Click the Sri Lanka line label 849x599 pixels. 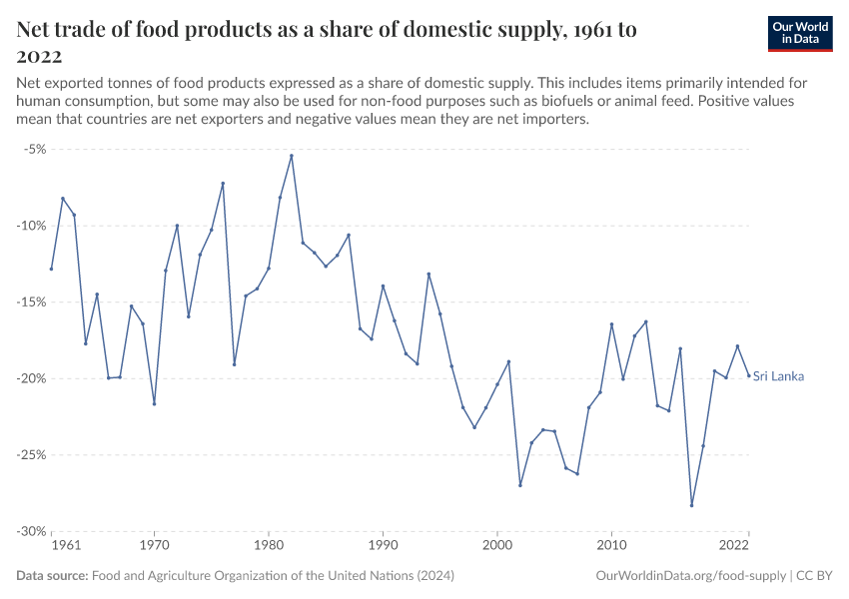pos(778,376)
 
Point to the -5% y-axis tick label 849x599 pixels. pos(34,149)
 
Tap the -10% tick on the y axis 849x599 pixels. pos(31,226)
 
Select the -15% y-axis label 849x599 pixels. pos(31,301)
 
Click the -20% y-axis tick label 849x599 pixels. pos(31,378)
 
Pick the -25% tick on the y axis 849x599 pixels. pos(31,454)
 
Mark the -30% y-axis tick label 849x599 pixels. pos(31,531)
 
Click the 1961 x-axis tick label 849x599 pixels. pos(65,546)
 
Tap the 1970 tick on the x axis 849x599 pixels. pos(154,546)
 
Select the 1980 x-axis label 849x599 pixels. pos(268,546)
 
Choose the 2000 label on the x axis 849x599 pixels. pos(497,546)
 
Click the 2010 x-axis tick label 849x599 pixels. pos(611,546)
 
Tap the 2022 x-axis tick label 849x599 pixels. pos(734,546)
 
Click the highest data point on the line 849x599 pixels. pos(292,156)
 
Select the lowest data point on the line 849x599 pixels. pos(691,505)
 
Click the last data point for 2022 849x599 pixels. pos(749,375)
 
